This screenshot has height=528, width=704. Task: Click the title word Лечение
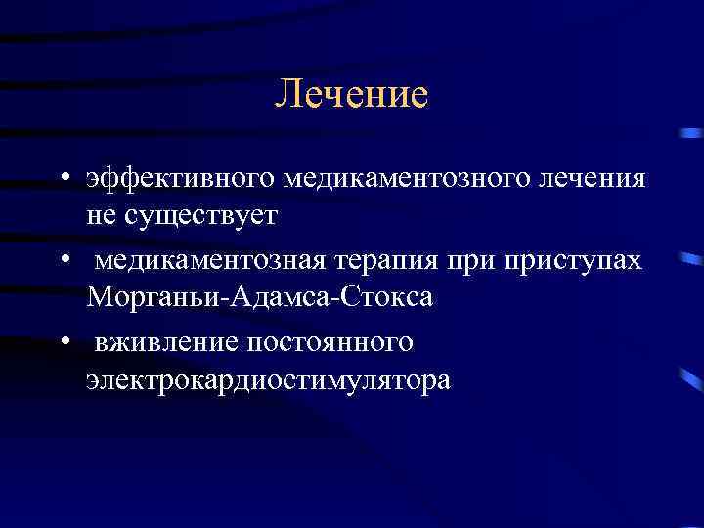click(351, 95)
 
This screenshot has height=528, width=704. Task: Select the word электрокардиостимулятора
click(268, 378)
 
